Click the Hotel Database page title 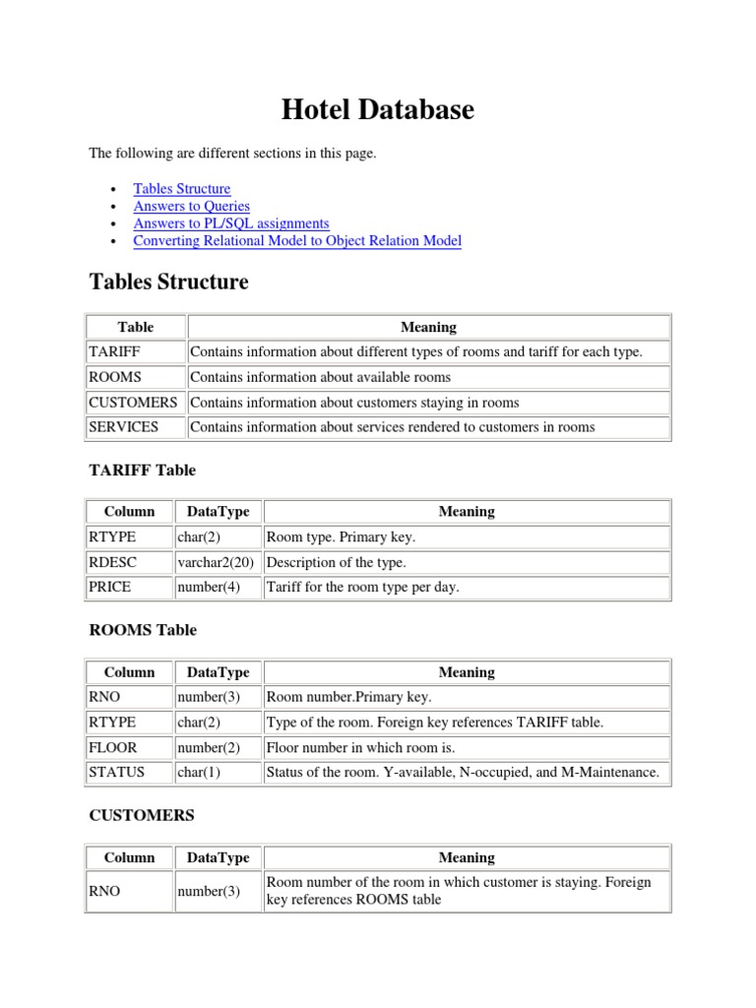377,109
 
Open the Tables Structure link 182,188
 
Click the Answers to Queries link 191,206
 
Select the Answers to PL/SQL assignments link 231,223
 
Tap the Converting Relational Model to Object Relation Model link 297,240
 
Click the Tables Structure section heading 168,283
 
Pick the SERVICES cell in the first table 123,427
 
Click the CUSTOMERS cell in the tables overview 133,403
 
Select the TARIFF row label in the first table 115,352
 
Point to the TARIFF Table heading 143,471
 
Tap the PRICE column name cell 110,588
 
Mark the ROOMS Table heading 143,630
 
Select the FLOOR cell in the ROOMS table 113,747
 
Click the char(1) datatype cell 200,773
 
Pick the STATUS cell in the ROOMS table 117,773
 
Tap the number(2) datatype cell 209,747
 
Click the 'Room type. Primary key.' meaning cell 341,537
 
